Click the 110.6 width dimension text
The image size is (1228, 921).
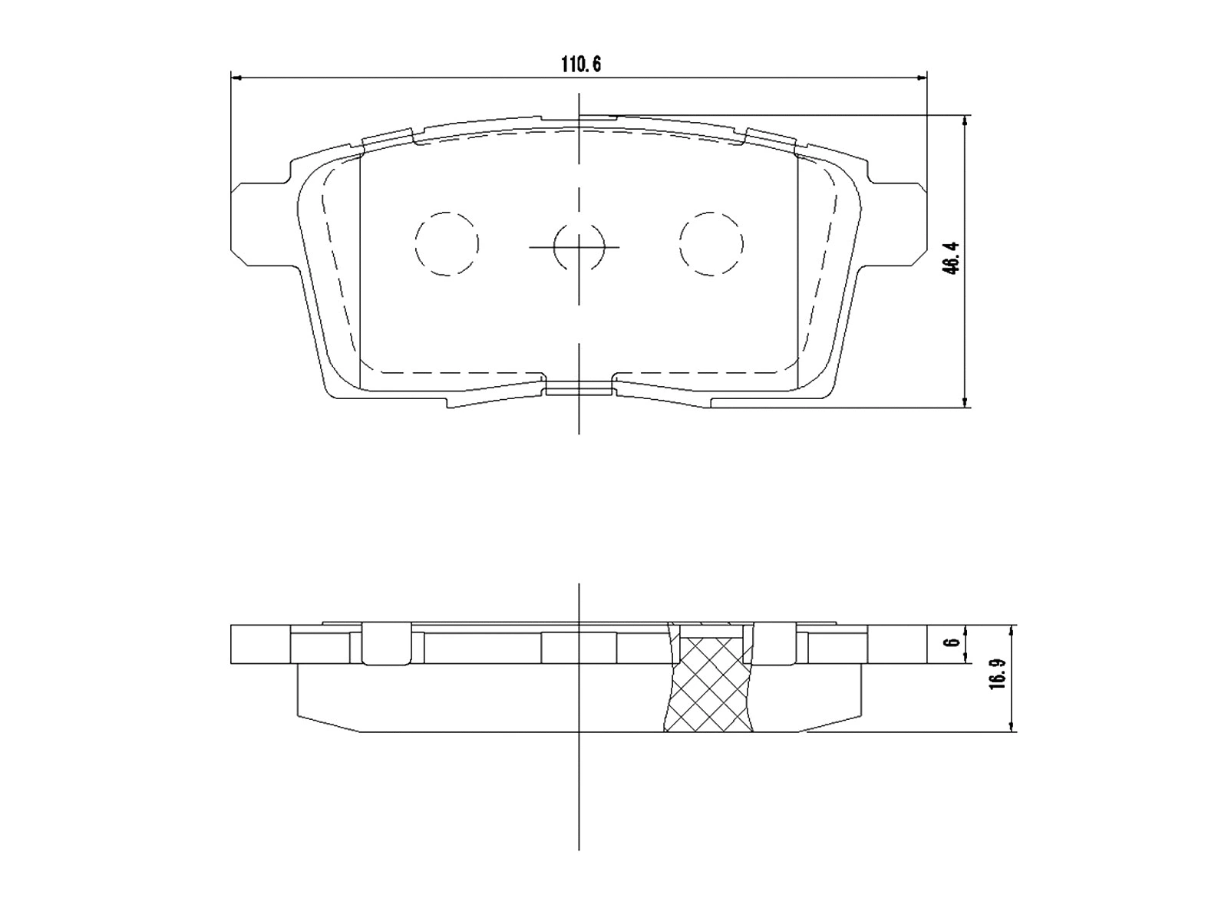point(579,64)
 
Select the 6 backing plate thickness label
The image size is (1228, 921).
point(952,643)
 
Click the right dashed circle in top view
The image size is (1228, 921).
point(711,243)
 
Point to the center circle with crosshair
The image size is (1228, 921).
point(579,246)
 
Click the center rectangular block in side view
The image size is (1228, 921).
point(579,648)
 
